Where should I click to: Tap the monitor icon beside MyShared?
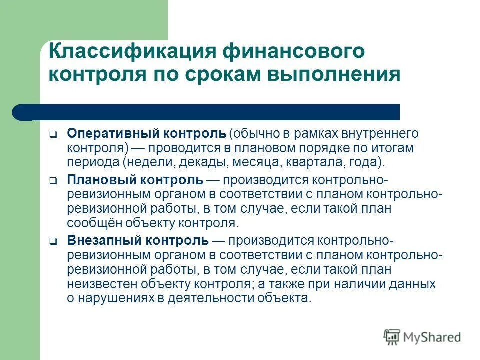tap(392, 337)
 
